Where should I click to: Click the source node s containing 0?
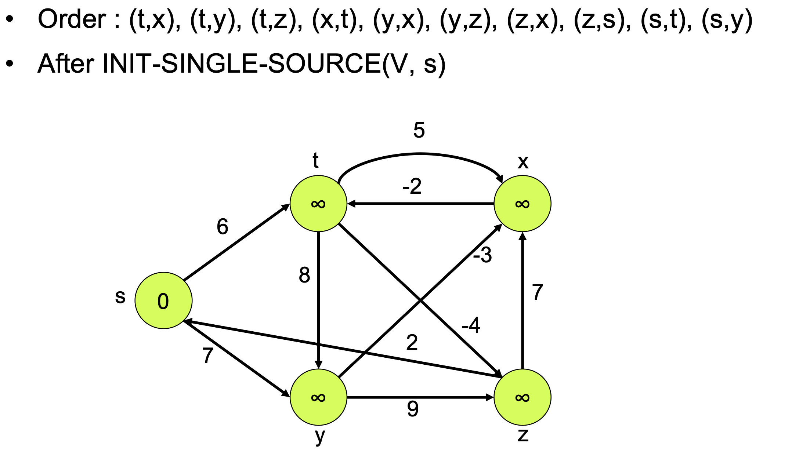click(163, 300)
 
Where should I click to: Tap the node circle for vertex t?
click(318, 204)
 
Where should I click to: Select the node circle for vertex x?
click(522, 204)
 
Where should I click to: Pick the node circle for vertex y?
click(318, 397)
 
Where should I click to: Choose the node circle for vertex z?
click(522, 397)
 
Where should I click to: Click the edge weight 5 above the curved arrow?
click(419, 130)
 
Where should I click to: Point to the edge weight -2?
click(412, 186)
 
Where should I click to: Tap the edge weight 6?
click(223, 226)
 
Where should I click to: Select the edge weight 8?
click(304, 275)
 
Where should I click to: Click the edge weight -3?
click(482, 255)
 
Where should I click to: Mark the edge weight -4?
click(471, 325)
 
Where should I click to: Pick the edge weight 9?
click(413, 409)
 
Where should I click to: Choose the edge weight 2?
click(412, 343)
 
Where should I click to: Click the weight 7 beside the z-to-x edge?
click(538, 292)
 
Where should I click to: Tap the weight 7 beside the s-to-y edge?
click(208, 356)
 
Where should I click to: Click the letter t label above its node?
click(315, 160)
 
